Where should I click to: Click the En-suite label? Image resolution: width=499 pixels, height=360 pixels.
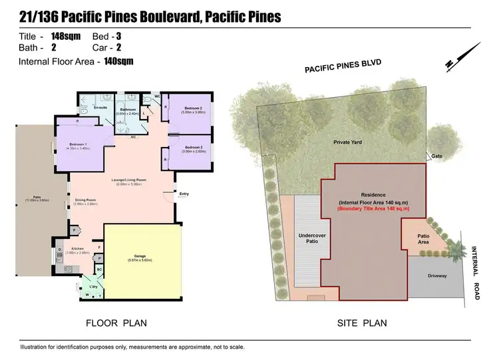(101, 106)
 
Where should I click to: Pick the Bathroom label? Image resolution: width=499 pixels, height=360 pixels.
(128, 109)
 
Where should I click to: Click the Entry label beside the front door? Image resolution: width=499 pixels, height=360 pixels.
(184, 194)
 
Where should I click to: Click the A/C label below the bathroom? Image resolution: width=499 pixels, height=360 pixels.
(134, 137)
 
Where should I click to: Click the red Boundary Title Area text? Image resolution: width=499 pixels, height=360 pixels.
(373, 209)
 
